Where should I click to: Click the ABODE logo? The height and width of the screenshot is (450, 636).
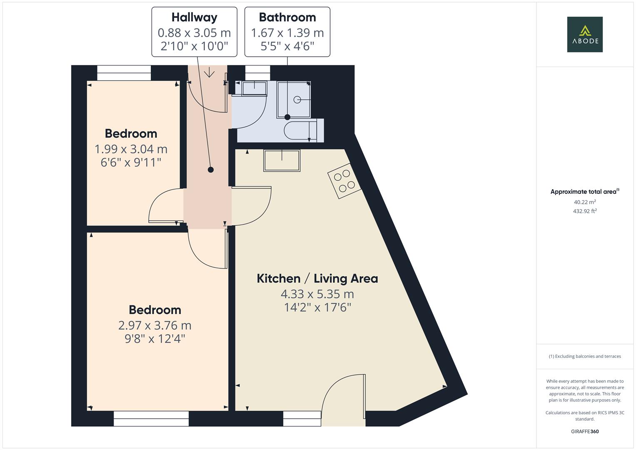point(585,34)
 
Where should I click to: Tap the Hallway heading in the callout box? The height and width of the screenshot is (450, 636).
point(194,17)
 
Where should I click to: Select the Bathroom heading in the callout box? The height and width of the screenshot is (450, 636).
point(287,17)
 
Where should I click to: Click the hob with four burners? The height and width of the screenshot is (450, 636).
point(344,181)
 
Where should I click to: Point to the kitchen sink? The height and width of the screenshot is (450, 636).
point(282,160)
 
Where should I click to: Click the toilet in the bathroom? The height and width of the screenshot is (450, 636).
point(304,130)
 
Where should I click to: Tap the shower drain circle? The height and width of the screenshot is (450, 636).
point(297,100)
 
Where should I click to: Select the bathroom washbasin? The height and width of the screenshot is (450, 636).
point(254,88)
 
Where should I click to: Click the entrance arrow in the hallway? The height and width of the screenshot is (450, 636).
point(209,72)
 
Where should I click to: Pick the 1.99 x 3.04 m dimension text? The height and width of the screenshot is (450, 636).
point(131,149)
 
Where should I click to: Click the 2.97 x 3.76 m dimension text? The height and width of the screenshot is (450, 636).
point(155,325)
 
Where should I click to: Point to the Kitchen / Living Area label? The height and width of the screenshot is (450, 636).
point(317,279)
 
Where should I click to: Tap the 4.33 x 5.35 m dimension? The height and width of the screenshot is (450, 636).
point(317,294)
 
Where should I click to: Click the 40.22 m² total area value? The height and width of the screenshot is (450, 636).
point(585,202)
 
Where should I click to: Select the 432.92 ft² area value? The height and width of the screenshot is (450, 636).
point(585,211)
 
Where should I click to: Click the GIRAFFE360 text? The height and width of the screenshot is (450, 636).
point(585,432)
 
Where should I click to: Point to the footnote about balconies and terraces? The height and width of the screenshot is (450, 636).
point(585,356)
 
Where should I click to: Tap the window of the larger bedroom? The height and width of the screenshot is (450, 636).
point(151,419)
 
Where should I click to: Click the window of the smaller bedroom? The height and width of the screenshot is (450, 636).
point(124,73)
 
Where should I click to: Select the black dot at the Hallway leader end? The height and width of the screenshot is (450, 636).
point(211,170)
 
